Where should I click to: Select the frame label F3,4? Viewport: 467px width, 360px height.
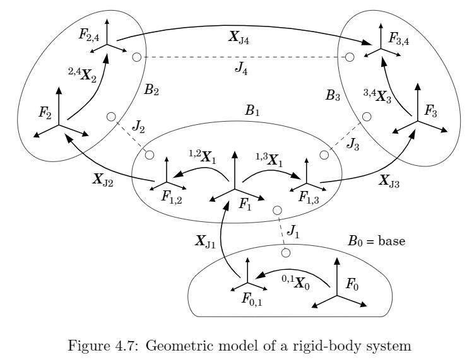(x=398, y=38)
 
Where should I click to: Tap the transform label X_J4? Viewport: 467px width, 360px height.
(x=239, y=37)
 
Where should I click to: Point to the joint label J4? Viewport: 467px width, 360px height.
(x=241, y=69)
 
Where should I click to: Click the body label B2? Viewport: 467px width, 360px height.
(x=151, y=89)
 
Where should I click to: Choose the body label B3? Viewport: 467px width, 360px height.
(x=333, y=95)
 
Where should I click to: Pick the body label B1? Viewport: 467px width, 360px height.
(x=252, y=111)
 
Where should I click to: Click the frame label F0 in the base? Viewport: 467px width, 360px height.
(x=352, y=284)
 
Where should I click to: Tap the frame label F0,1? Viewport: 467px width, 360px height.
(x=252, y=299)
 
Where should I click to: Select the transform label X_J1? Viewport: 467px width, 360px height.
(x=205, y=241)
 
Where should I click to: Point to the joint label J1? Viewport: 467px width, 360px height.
(x=293, y=231)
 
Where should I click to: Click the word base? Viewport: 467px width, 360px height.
(x=392, y=240)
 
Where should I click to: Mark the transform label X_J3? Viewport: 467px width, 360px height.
(x=389, y=181)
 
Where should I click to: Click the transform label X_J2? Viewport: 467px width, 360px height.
(x=102, y=180)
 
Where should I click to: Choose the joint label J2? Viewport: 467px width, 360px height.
(x=138, y=127)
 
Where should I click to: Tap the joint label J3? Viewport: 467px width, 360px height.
(x=353, y=144)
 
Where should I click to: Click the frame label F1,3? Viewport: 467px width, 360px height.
(x=309, y=197)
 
